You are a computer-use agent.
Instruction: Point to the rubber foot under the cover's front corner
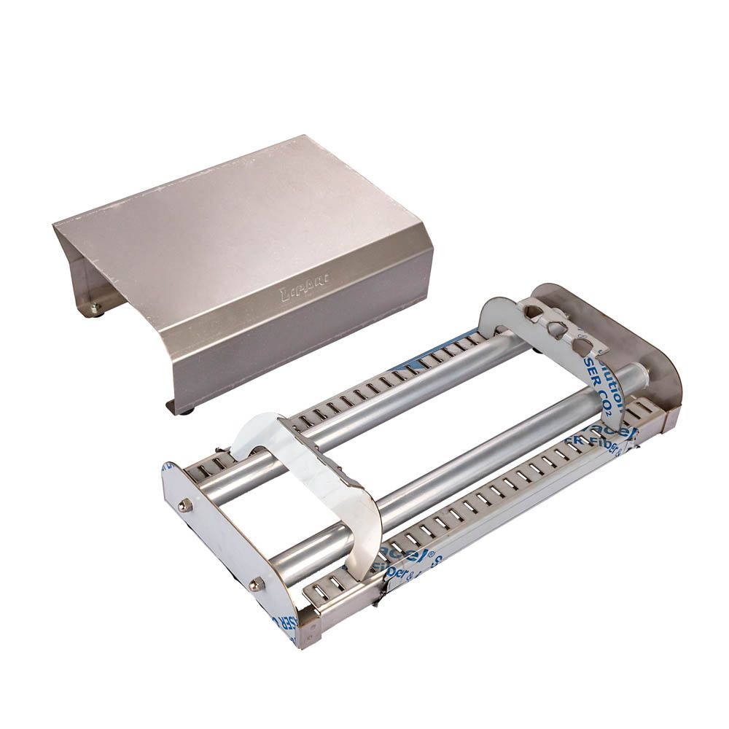coord(188,410)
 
